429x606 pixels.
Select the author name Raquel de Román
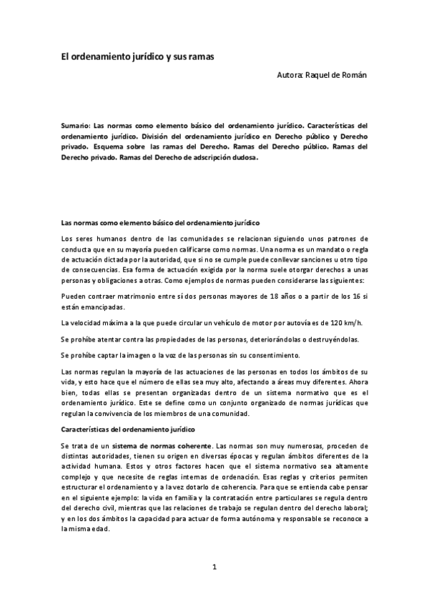pyautogui.click(x=336, y=74)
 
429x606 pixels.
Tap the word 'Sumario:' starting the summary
pyautogui.click(x=75, y=124)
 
